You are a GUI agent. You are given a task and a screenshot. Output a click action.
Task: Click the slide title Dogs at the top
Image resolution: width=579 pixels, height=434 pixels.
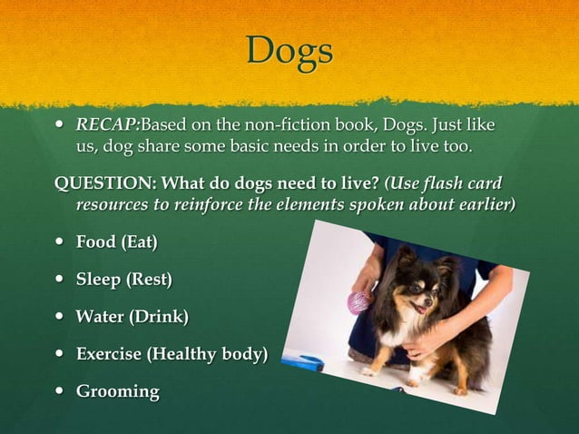point(289,51)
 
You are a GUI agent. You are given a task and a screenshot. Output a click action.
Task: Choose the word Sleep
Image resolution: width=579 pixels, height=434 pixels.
point(99,280)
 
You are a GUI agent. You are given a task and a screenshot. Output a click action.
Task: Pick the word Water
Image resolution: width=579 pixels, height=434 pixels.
point(100,317)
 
